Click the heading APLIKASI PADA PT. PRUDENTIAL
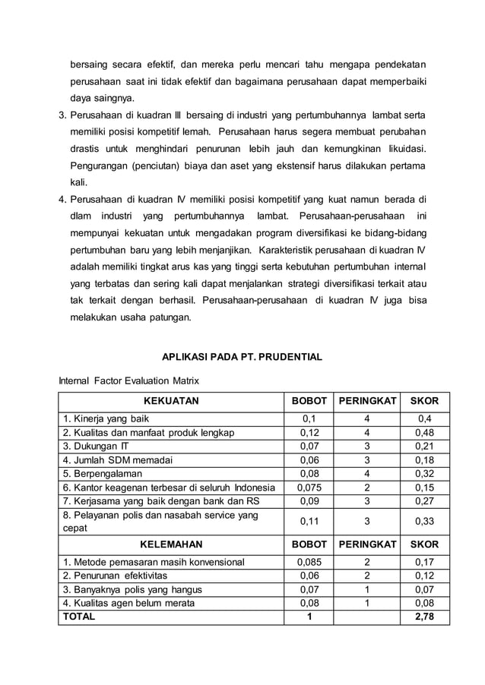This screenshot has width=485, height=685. coord(242,356)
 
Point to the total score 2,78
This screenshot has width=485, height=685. coord(425,616)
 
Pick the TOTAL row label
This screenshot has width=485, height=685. coord(79,616)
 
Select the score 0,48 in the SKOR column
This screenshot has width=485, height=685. coord(425,432)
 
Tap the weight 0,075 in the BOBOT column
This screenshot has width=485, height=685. coord(308,487)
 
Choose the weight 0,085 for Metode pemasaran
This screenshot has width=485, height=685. coord(308,562)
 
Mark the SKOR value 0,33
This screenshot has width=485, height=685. coord(425,521)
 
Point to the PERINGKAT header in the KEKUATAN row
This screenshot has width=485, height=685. coord(367,401)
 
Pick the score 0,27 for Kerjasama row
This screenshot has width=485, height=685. coord(425,500)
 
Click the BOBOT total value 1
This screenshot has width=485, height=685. coord(308,616)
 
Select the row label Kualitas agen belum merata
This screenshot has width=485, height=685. coord(128,603)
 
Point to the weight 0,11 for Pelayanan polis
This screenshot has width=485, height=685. coord(308,521)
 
